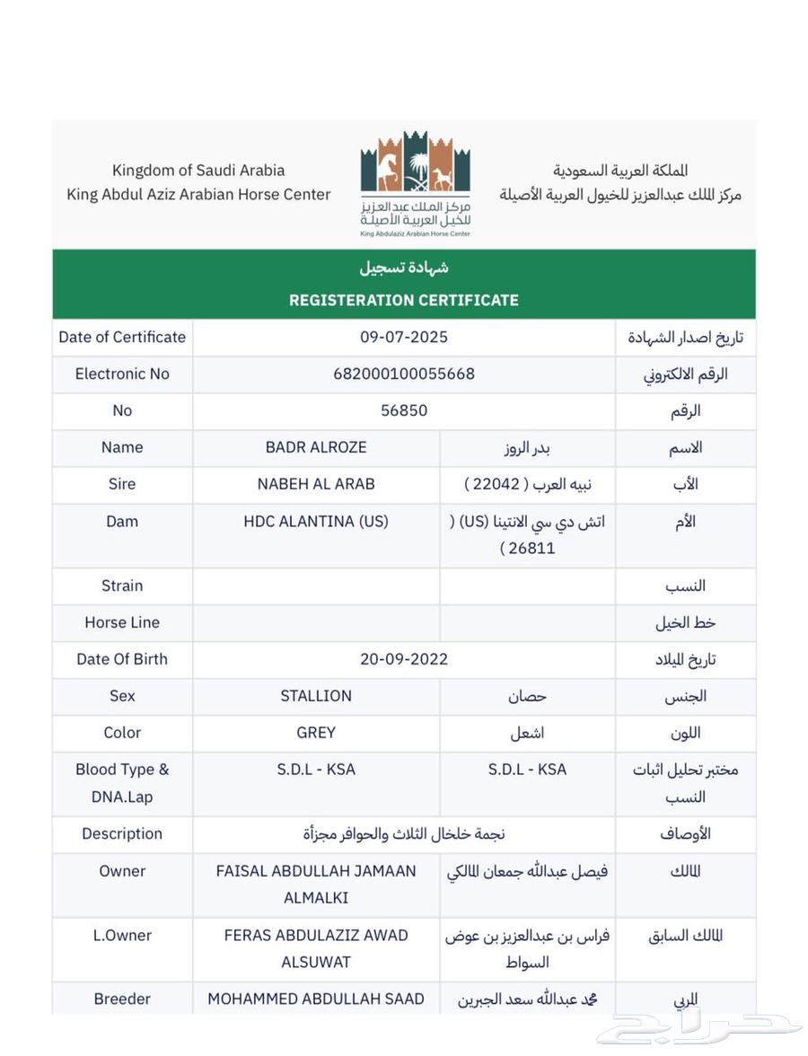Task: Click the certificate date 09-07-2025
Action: click(403, 337)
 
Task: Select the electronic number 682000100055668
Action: click(403, 374)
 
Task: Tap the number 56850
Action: click(403, 410)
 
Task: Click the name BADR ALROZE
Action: click(316, 447)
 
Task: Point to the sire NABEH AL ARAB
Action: click(316, 484)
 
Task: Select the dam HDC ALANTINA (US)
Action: click(316, 521)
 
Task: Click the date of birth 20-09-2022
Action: click(403, 659)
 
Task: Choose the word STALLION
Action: click(316, 696)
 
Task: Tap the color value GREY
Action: click(316, 733)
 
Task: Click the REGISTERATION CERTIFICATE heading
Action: click(403, 300)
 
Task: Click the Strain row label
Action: click(122, 585)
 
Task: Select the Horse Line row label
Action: click(122, 622)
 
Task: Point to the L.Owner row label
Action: click(122, 935)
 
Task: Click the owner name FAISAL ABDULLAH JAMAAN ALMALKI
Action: click(316, 884)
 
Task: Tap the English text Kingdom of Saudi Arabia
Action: click(198, 170)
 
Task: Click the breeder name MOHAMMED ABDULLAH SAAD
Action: click(316, 999)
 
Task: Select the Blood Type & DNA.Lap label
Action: click(122, 782)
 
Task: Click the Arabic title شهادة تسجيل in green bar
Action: click(403, 268)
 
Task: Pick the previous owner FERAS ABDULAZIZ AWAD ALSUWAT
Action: click(316, 948)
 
